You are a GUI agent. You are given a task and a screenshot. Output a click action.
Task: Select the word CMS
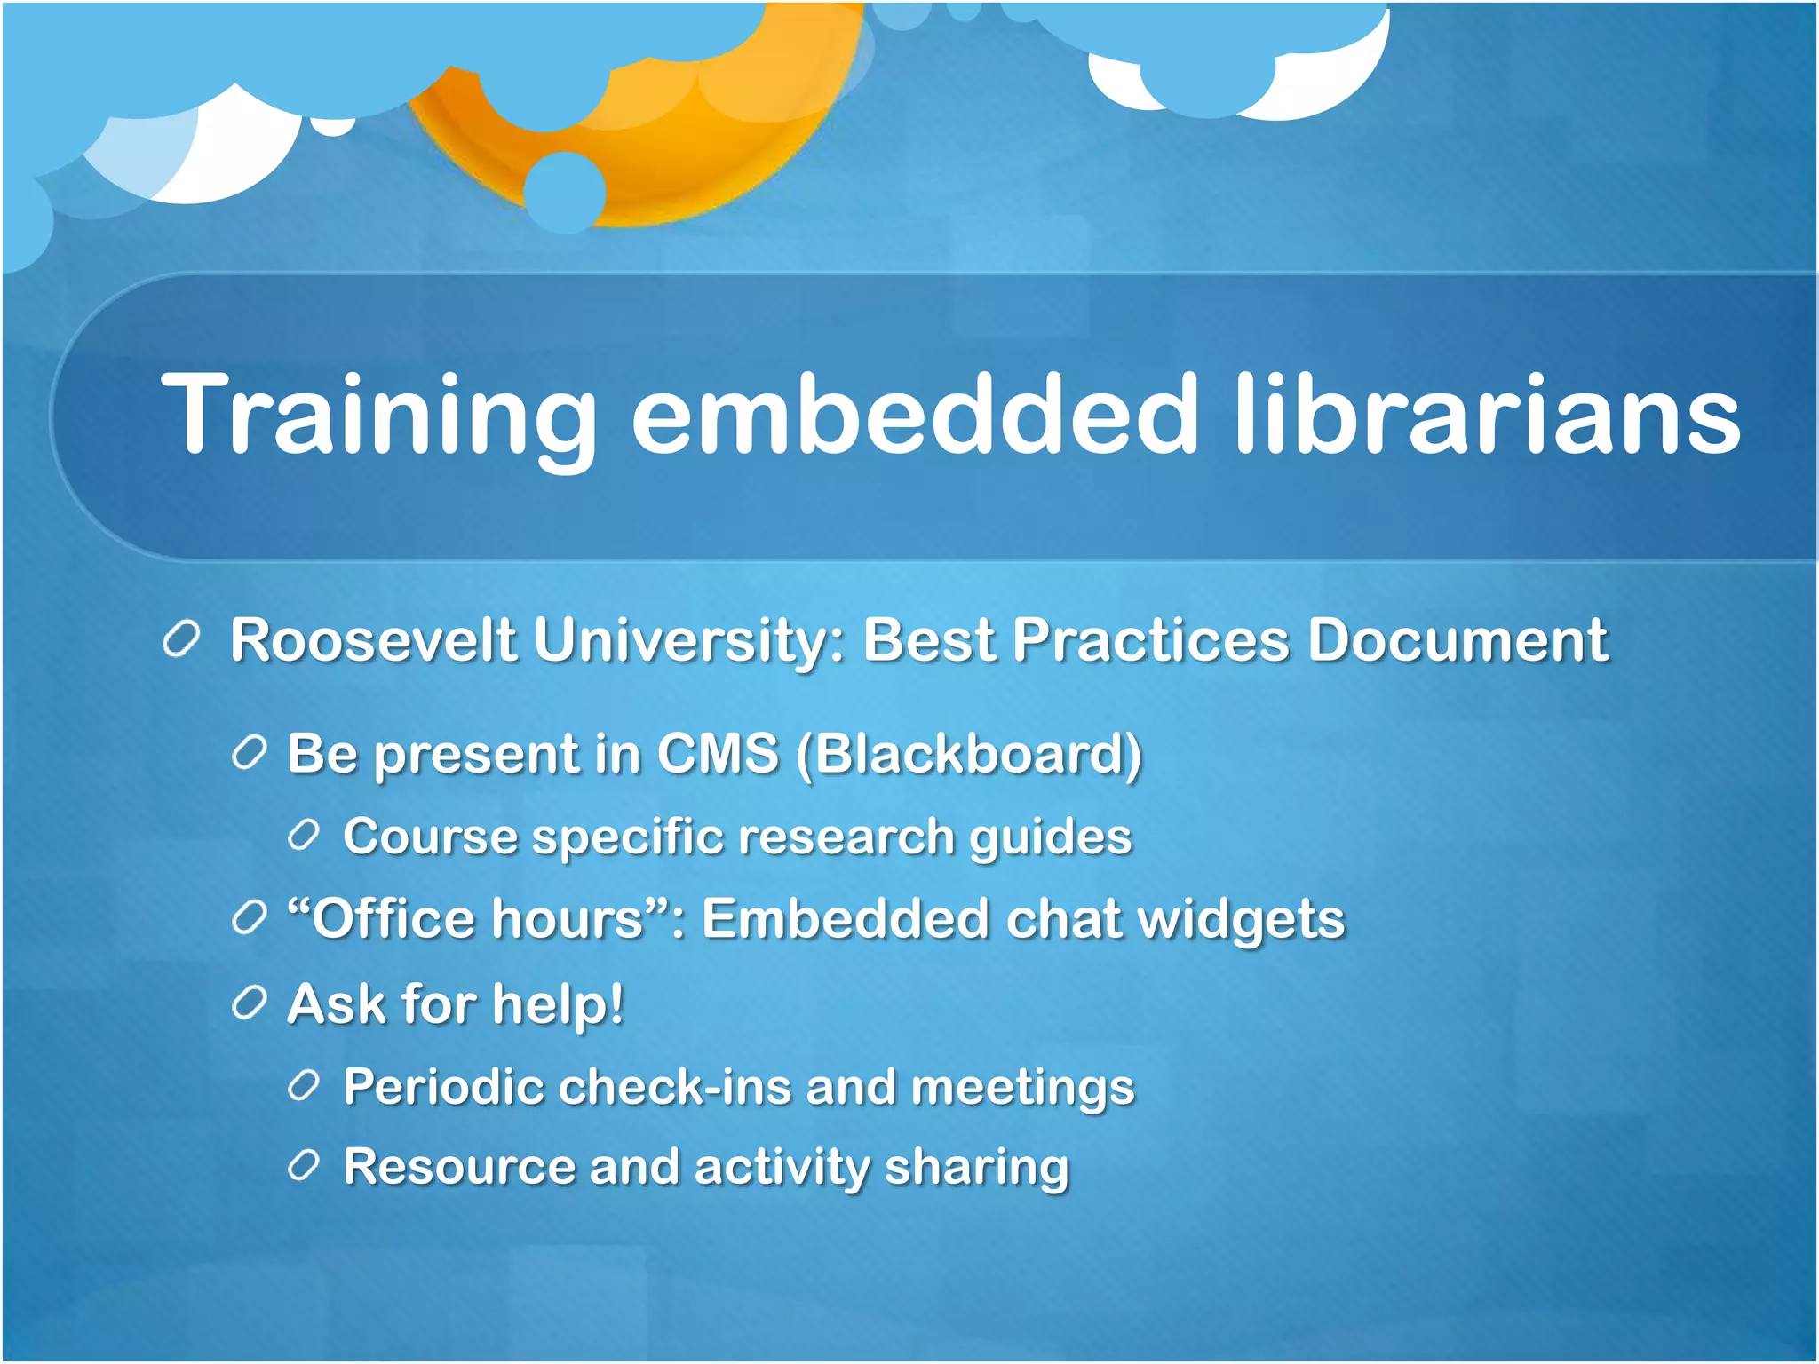[718, 754]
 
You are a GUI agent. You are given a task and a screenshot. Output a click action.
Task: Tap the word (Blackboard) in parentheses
[969, 754]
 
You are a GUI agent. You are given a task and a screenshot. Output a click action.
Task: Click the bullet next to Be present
[249, 754]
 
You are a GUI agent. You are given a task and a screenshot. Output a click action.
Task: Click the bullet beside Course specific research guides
[304, 837]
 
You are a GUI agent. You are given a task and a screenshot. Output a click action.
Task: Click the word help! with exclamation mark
[558, 1003]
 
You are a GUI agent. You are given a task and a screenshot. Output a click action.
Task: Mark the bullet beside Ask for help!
[249, 1003]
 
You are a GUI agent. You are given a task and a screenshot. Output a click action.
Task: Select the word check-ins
[674, 1087]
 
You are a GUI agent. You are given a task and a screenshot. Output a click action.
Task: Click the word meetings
[1022, 1087]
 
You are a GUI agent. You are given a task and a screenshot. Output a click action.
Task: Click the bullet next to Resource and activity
[304, 1166]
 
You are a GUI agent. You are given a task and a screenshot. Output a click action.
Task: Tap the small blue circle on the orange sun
[565, 192]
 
